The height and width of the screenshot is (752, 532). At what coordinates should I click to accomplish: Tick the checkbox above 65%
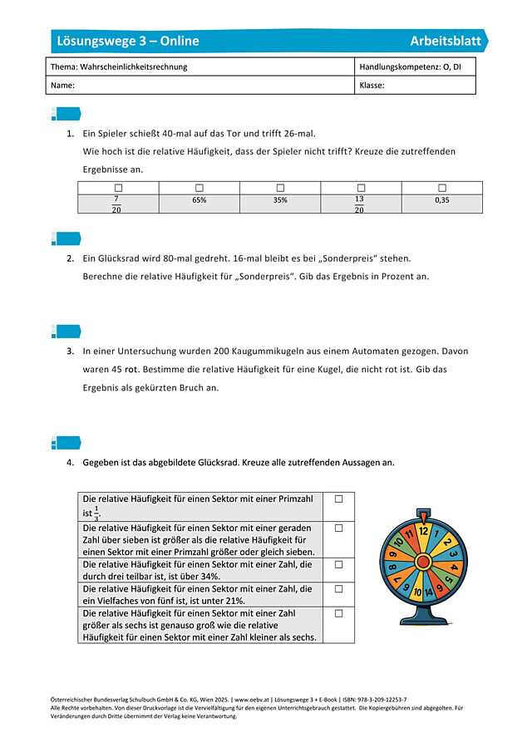click(199, 188)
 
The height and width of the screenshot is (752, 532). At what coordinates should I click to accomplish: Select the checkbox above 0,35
click(442, 188)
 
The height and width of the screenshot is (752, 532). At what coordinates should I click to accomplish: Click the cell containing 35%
click(280, 200)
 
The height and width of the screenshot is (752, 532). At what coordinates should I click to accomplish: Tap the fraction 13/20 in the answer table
click(359, 204)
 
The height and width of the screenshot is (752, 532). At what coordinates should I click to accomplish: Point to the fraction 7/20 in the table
click(116, 204)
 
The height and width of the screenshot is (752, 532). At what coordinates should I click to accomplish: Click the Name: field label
click(63, 86)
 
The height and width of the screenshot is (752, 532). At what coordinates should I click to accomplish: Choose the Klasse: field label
click(372, 86)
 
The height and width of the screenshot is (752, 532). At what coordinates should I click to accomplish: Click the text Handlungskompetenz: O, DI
click(410, 66)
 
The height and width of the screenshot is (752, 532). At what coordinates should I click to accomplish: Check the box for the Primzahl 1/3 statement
click(338, 499)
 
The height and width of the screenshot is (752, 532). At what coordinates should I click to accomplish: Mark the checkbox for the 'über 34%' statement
click(338, 564)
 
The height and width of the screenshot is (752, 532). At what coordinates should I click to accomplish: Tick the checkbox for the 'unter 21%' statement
click(338, 588)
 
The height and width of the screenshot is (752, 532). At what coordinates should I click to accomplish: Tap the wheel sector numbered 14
click(429, 592)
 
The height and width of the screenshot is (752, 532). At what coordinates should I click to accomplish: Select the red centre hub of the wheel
click(422, 563)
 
